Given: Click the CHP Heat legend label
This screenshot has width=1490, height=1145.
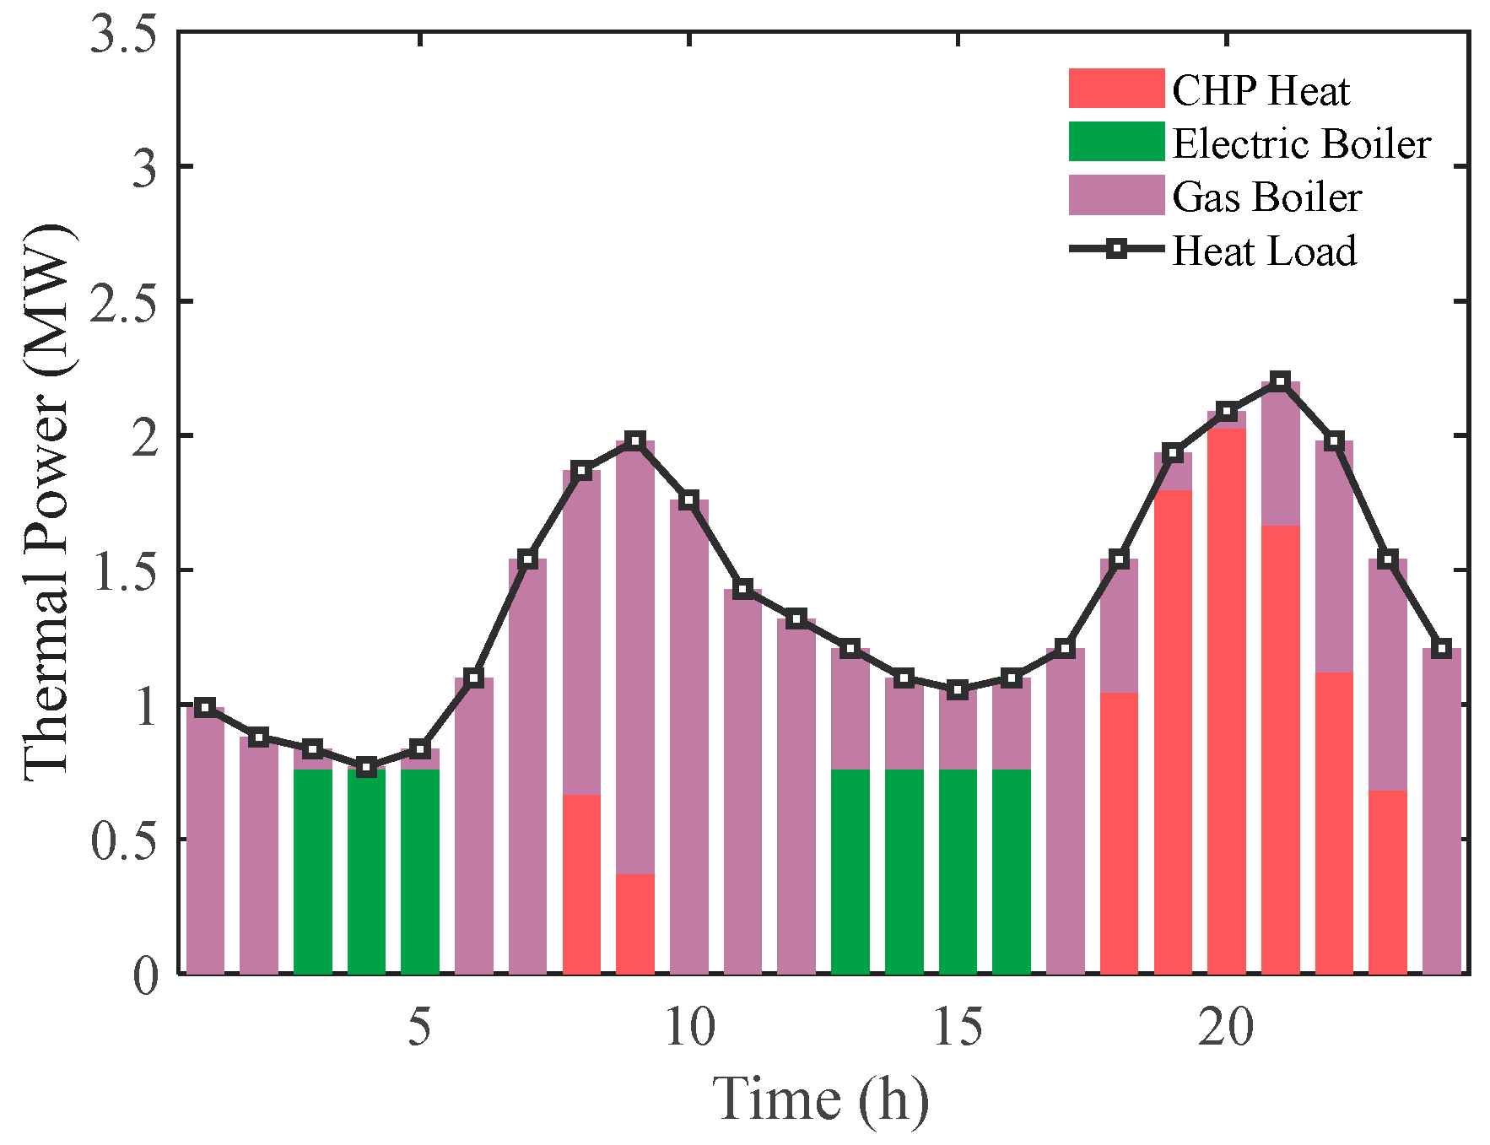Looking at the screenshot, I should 1261,90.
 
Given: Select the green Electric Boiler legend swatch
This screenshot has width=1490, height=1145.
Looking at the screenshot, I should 1115,142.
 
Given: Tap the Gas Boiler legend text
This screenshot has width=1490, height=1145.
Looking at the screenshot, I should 1266,197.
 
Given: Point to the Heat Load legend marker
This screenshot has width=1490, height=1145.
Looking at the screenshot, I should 1116,249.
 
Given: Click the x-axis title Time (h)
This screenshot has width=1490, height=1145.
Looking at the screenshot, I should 820,1099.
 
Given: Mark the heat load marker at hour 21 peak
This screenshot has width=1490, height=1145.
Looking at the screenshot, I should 1280,381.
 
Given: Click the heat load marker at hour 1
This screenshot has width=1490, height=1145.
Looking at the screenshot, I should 205,708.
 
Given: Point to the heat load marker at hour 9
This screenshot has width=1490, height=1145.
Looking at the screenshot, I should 635,440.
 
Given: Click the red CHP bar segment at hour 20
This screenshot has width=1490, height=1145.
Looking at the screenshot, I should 1227,700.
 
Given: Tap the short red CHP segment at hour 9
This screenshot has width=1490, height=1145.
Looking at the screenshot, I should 635,923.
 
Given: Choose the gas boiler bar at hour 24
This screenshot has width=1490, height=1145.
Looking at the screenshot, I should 1441,810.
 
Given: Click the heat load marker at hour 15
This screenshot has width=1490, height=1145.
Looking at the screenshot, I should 958,689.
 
